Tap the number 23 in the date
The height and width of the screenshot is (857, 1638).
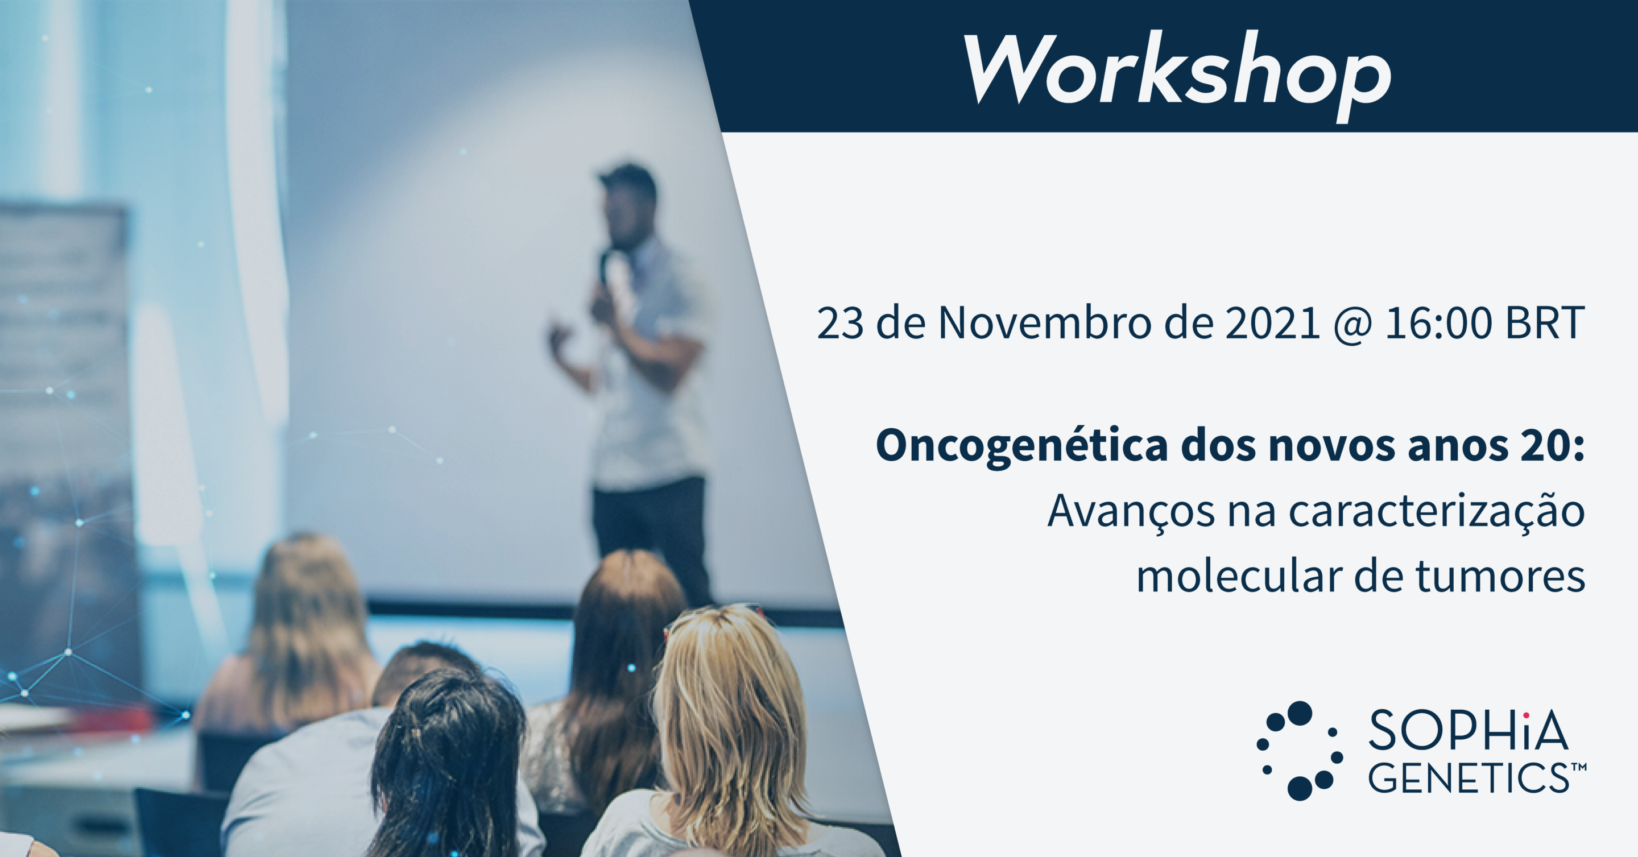tap(841, 323)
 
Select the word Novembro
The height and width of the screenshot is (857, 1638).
tap(1045, 322)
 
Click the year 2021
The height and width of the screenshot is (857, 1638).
tap(1272, 323)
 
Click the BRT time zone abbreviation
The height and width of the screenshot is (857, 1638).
tap(1545, 323)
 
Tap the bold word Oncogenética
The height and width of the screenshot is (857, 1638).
tap(1022, 446)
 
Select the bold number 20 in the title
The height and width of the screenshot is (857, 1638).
tap(1552, 445)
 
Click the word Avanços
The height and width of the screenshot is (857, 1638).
tap(1131, 512)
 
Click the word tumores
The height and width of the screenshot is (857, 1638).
tap(1501, 576)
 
